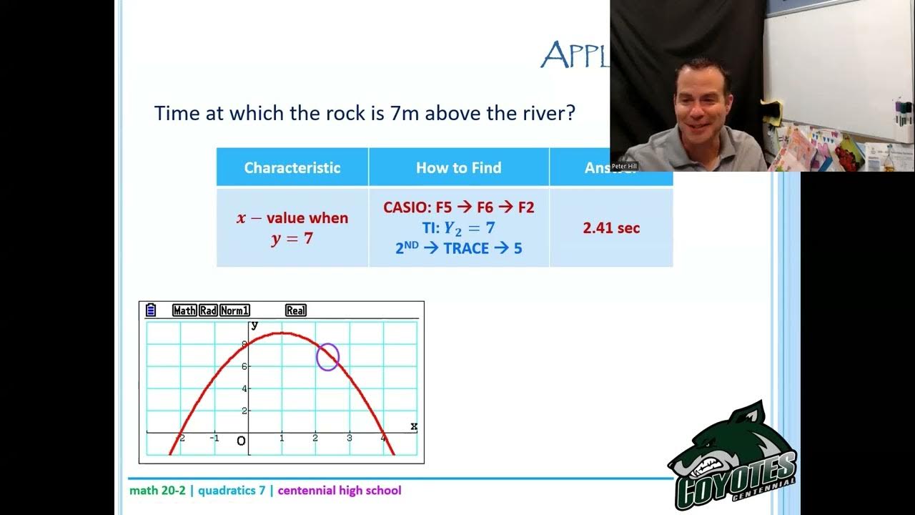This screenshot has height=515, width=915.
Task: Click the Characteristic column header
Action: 292,167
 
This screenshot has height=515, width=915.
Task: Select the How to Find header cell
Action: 458,167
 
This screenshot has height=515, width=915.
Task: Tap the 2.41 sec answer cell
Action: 611,228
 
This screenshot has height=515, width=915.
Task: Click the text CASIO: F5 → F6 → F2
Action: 458,207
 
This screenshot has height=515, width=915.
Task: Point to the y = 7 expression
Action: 292,239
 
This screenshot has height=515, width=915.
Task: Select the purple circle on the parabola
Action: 327,356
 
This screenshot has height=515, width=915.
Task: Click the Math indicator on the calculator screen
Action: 184,310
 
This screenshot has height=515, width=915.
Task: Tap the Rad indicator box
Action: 208,310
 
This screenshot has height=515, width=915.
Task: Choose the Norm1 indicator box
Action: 234,310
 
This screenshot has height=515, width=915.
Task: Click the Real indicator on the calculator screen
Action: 296,310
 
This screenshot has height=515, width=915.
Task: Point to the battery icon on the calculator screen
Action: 151,310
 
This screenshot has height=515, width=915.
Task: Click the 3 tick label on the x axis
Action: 350,438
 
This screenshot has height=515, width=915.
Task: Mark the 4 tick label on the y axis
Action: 244,388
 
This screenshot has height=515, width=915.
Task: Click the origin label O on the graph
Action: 241,441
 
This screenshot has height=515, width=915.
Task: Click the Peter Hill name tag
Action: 623,166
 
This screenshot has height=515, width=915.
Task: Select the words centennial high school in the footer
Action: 340,491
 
